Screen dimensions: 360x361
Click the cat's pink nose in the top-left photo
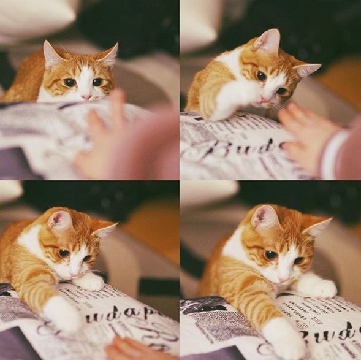click(x=86, y=96)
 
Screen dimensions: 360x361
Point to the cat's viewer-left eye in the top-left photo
click(x=69, y=82)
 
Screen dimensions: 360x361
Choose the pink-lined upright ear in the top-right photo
click(x=268, y=41)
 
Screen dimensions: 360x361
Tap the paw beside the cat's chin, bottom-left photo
click(x=90, y=282)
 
